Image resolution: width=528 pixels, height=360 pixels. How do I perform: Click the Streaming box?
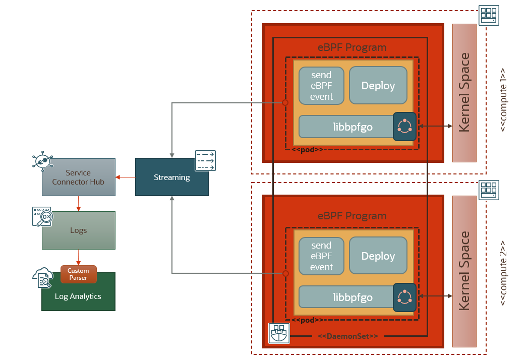click(171, 177)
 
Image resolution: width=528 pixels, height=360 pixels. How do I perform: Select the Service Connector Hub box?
click(78, 177)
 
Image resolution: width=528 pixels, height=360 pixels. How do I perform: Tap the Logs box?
click(78, 230)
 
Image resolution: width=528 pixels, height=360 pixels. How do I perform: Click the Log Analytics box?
click(78, 296)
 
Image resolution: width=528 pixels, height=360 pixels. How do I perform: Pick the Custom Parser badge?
click(78, 274)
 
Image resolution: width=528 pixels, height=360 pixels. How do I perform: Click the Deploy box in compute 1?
click(378, 86)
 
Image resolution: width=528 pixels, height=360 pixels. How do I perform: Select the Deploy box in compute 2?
click(378, 256)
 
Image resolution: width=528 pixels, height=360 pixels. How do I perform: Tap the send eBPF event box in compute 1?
click(321, 86)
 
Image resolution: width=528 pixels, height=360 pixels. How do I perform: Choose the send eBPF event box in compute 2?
click(321, 256)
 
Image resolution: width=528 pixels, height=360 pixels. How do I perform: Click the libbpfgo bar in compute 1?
click(346, 127)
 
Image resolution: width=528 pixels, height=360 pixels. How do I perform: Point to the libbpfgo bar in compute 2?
click(346, 297)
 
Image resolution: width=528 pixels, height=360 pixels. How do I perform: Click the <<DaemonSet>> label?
click(347, 336)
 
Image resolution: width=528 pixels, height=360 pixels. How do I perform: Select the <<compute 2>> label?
click(503, 273)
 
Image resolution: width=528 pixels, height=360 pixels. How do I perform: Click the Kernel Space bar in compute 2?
click(464, 271)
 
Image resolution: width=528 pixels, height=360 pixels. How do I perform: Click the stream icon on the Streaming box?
click(205, 161)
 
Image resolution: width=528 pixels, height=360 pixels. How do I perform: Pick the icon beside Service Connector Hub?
click(43, 160)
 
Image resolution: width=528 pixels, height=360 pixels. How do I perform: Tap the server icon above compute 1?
click(488, 15)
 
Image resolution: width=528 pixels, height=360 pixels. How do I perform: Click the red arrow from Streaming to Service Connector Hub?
click(125, 177)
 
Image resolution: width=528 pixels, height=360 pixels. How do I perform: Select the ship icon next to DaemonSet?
click(279, 333)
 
